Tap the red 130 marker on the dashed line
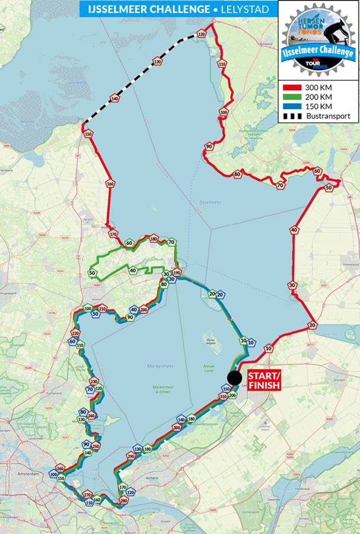click(157, 62)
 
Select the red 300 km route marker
click(177, 427)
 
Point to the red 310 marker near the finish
click(223, 396)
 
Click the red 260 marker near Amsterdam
click(60, 468)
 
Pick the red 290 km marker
click(131, 456)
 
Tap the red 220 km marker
click(75, 333)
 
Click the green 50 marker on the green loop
click(92, 273)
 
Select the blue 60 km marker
click(72, 342)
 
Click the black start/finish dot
click(235, 379)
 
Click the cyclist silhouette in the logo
click(335, 30)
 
